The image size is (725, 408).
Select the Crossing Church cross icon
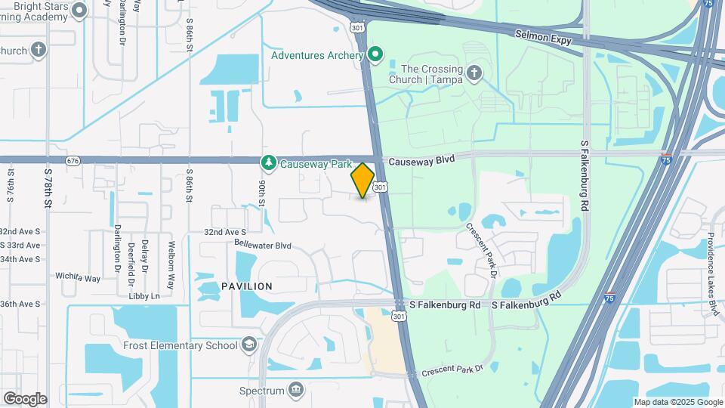[474, 73]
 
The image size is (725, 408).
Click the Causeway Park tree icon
[268, 162]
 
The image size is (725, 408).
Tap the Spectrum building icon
[296, 391]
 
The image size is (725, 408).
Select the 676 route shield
[72, 161]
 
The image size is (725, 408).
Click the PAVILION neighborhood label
[247, 286]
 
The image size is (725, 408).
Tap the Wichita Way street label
[78, 278]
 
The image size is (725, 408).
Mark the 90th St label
[261, 193]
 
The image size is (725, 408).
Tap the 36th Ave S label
[20, 304]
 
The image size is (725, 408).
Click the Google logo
[24, 399]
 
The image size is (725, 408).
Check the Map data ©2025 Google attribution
[677, 403]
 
